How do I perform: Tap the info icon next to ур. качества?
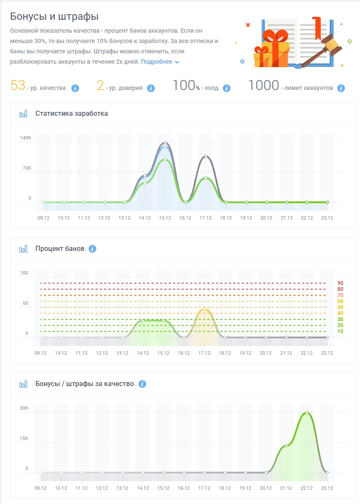(75, 88)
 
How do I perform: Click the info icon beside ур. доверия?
(151, 88)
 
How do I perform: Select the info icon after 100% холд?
(227, 88)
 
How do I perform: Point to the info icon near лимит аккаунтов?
(341, 88)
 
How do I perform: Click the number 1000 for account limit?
(264, 85)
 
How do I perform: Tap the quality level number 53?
(18, 85)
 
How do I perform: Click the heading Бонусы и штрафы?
(54, 16)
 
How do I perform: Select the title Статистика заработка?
(72, 114)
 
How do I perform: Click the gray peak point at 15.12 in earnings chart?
(166, 143)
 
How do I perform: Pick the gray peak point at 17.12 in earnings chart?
(206, 156)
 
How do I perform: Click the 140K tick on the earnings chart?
(26, 138)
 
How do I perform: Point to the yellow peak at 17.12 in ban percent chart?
(204, 309)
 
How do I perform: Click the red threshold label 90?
(340, 283)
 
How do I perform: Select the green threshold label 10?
(340, 331)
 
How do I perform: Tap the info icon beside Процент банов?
(92, 249)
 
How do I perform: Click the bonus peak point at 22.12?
(307, 413)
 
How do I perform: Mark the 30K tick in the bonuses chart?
(24, 408)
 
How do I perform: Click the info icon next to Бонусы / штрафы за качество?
(142, 384)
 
